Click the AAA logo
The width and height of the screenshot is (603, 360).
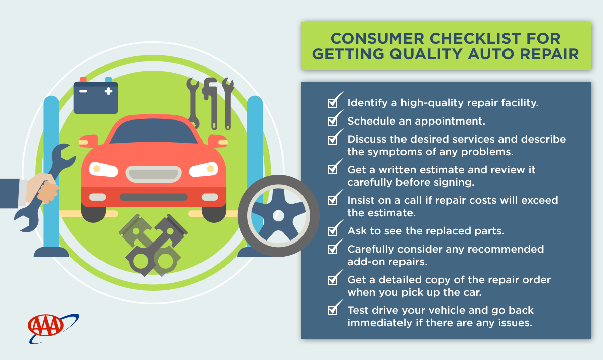pos(53,328)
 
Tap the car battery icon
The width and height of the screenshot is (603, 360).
pos(96,96)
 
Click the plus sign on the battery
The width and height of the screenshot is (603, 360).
pos(108,91)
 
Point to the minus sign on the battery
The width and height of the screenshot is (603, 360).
pos(83,91)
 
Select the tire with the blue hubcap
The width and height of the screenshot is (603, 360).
pos(278,215)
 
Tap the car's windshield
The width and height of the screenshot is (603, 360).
pos(153,132)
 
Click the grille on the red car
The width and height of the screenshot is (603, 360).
pos(153,174)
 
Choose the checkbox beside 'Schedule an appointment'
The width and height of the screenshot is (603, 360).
pos(333,122)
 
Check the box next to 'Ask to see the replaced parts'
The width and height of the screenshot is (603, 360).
pos(333,231)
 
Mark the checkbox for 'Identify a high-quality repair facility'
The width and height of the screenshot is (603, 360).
pos(333,103)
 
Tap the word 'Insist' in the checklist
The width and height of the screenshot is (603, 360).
pos(363,200)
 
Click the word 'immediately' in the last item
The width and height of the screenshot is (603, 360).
pos(379,323)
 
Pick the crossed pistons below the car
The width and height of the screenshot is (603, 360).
pos(153,245)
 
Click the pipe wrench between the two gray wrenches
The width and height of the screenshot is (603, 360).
pos(211,103)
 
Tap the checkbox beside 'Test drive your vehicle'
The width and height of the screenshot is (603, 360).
pos(333,311)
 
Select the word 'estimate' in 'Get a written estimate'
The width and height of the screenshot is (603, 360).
pos(438,170)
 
